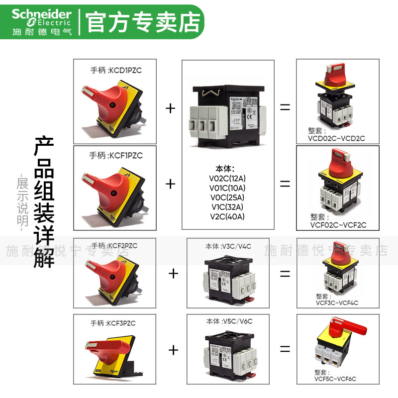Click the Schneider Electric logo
[42, 21]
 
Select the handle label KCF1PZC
[116, 155]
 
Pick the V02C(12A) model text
[228, 178]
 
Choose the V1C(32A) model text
[228, 206]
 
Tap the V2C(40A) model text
[228, 216]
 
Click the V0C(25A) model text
[228, 197]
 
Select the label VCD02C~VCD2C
[336, 138]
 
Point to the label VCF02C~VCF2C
[338, 225]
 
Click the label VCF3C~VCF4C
[337, 302]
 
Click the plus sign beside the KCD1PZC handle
[171, 108]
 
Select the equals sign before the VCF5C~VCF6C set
[285, 349]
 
